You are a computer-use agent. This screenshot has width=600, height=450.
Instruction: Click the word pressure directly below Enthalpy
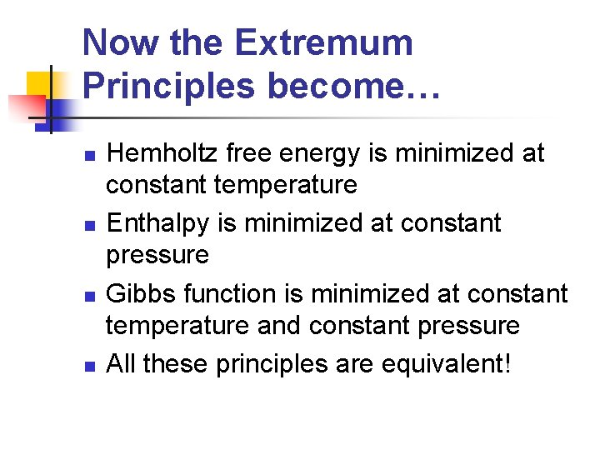(x=157, y=255)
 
